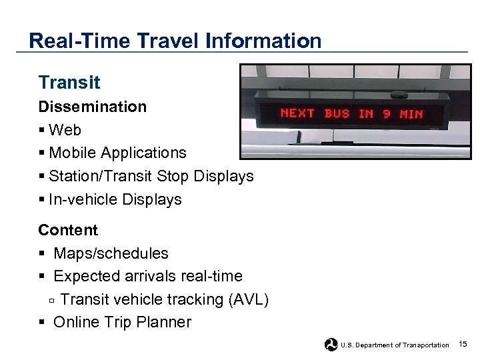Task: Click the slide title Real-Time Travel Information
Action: [x=175, y=41]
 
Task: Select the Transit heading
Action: [x=69, y=83]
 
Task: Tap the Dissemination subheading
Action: [x=92, y=107]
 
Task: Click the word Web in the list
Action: [x=65, y=130]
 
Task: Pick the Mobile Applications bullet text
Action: [x=117, y=153]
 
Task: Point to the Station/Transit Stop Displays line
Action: [x=151, y=176]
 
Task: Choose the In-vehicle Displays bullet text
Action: [x=115, y=199]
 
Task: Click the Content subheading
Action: [x=68, y=230]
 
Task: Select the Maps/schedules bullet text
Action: [x=111, y=253]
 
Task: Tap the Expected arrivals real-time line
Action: [x=147, y=276]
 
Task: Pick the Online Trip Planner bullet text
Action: [x=122, y=322]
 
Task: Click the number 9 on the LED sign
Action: [x=387, y=113]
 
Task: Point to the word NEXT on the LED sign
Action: [x=297, y=113]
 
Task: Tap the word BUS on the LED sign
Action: [x=337, y=113]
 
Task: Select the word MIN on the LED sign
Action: [x=411, y=114]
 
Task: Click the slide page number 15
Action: [x=463, y=344]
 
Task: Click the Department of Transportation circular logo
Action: [x=331, y=345]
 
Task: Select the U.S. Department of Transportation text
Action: [x=395, y=345]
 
